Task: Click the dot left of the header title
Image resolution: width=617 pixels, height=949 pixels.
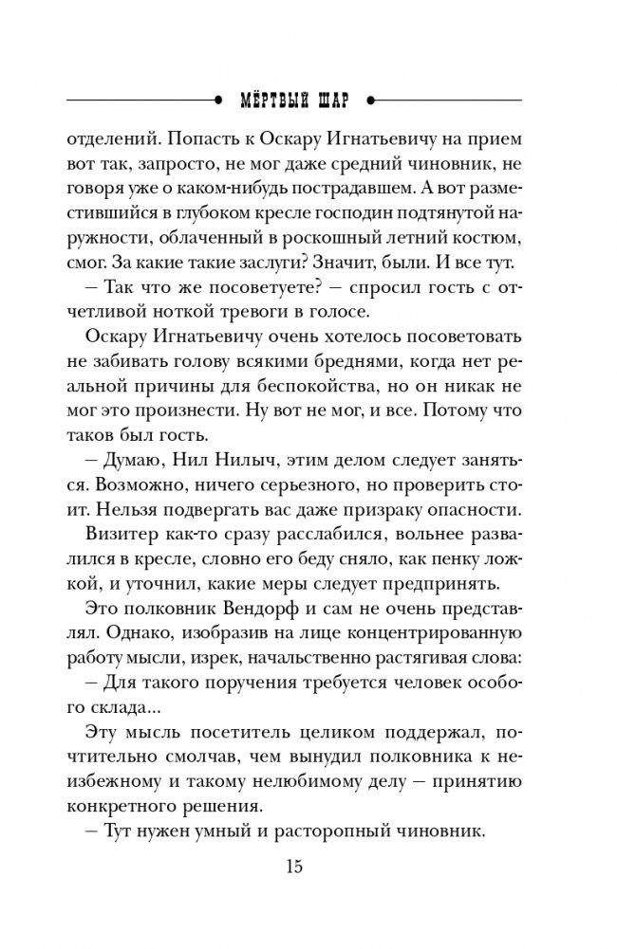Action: (220, 98)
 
